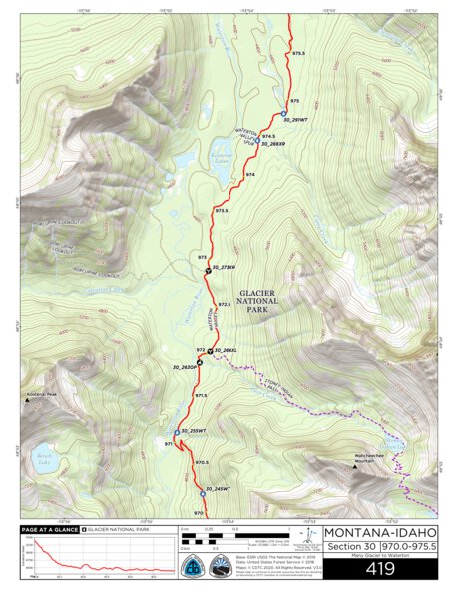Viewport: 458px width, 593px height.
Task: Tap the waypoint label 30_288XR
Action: coord(272,144)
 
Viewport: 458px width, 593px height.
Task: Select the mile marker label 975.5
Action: coord(297,52)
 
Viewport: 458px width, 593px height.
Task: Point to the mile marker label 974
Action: coord(250,175)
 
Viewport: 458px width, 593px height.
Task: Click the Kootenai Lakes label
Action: coord(221,158)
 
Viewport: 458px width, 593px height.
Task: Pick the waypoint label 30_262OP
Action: coord(186,369)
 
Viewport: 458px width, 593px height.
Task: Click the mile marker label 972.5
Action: coord(224,304)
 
